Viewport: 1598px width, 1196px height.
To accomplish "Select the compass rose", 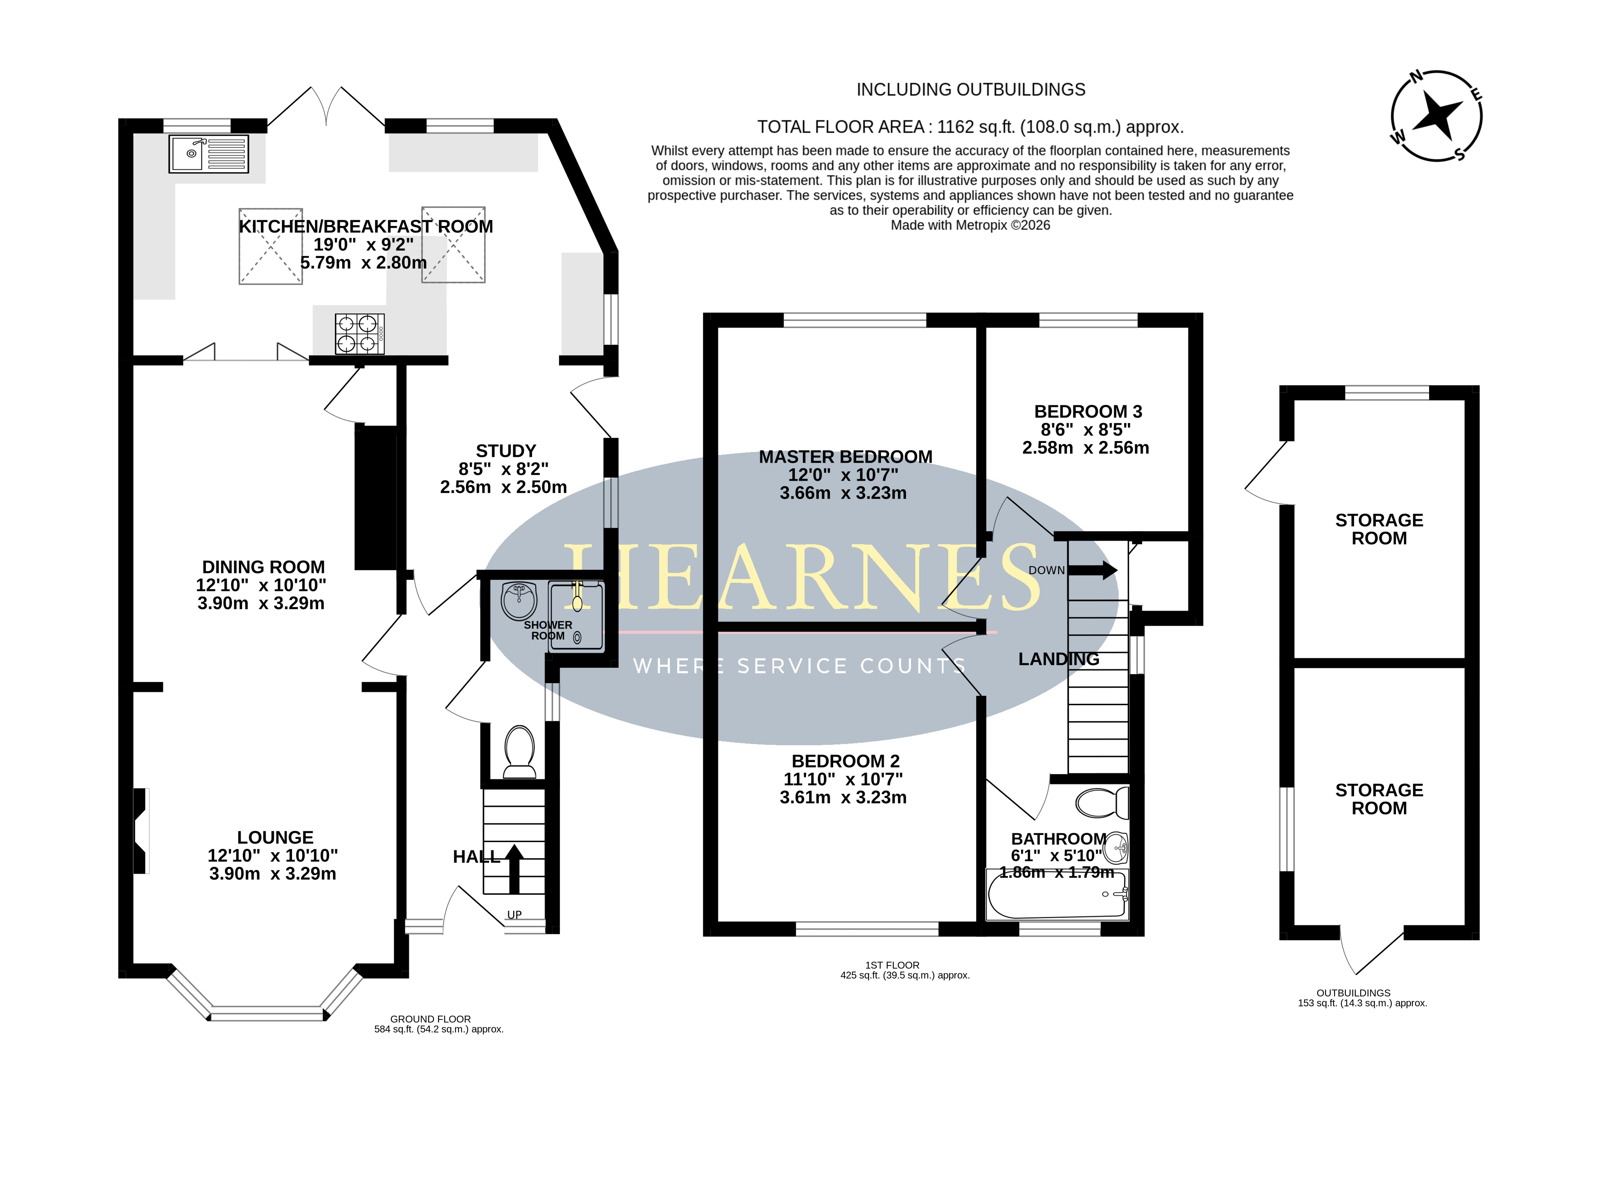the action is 1436,115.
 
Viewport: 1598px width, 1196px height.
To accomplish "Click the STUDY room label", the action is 506,451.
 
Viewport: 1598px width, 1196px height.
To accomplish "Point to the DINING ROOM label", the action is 263,567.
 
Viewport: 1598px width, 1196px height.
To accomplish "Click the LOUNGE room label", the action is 275,837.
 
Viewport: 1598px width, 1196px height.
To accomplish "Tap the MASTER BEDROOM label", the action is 845,456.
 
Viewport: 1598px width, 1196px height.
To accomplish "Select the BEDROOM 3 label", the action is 1088,411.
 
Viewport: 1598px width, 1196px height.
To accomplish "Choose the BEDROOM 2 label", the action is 845,761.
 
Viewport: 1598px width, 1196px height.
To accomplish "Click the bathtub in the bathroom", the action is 1057,894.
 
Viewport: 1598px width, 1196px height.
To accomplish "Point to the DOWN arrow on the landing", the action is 1092,570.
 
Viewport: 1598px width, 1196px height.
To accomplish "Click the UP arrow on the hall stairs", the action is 514,869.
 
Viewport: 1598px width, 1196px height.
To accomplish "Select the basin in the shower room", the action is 519,601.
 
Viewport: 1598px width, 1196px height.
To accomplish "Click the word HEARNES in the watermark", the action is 802,577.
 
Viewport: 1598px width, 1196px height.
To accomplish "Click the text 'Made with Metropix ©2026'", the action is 970,225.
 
